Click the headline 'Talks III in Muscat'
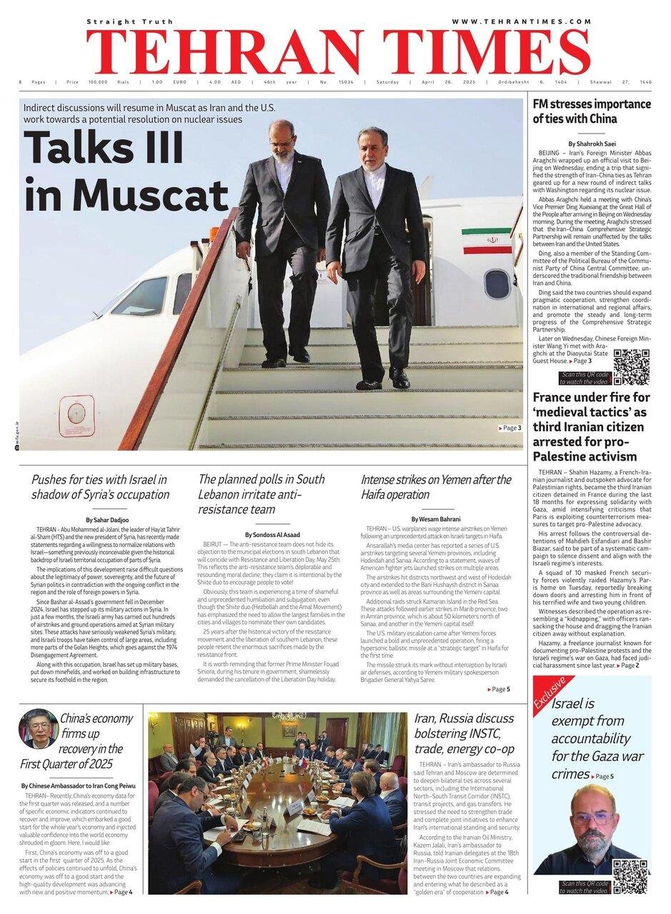click(x=125, y=171)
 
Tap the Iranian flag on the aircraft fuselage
click(x=486, y=241)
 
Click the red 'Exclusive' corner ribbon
click(x=548, y=693)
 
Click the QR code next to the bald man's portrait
click(x=630, y=876)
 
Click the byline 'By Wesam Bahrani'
click(x=436, y=518)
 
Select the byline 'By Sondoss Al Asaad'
click(x=273, y=534)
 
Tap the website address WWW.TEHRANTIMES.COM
click(x=521, y=21)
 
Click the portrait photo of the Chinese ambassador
click(x=39, y=728)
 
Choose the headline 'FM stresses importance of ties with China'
click(x=592, y=111)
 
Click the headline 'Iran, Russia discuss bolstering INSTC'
click(x=464, y=733)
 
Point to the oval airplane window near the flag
click(x=497, y=283)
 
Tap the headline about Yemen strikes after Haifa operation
click(x=436, y=486)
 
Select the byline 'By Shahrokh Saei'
click(x=591, y=144)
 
